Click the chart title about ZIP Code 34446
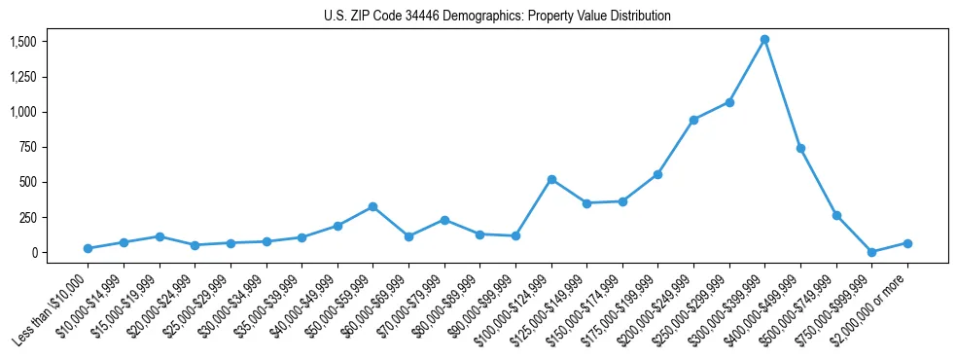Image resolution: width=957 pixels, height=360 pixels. tap(497, 16)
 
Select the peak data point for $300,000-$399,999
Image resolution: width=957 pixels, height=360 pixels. tap(764, 40)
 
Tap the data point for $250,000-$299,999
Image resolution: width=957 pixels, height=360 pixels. tap(729, 102)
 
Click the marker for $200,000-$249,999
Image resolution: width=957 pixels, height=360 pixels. tap(693, 120)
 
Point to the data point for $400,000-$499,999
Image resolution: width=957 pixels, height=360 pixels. tap(800, 148)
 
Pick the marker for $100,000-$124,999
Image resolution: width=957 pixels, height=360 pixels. tap(551, 179)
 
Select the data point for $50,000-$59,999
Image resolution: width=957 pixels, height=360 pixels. tap(372, 206)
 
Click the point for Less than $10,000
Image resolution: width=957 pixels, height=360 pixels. tap(88, 248)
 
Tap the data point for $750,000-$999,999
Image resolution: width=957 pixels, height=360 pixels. tap(871, 252)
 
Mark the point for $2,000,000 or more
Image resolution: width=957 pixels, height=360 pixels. tap(907, 243)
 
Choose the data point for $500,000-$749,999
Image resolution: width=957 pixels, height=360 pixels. tap(836, 215)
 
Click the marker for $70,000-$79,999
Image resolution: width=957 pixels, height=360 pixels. tap(444, 220)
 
